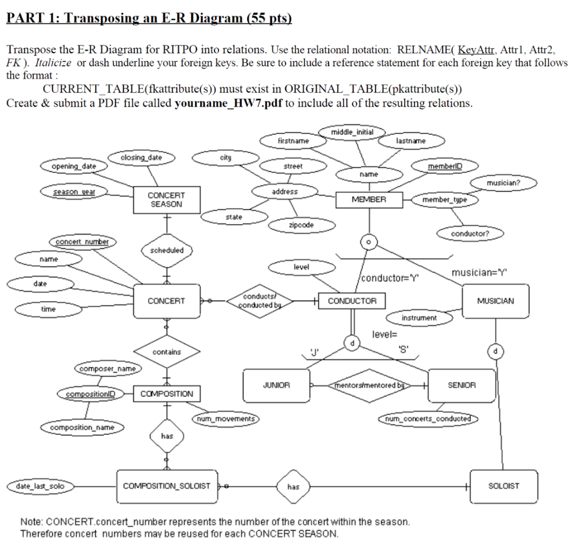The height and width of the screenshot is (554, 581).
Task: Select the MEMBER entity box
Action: (369, 200)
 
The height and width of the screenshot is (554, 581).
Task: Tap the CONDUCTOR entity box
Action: (352, 301)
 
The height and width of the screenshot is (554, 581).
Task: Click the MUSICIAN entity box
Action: (495, 301)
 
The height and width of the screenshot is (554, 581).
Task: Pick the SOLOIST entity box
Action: (503, 486)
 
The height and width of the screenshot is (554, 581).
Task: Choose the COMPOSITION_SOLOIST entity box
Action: (167, 486)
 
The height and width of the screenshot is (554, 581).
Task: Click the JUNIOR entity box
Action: (276, 385)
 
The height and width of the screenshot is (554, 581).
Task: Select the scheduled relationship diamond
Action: (167, 250)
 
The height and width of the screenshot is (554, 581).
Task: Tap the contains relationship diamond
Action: (167, 352)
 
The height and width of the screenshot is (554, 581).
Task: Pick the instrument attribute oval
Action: (419, 318)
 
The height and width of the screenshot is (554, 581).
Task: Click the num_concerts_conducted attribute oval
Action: (428, 418)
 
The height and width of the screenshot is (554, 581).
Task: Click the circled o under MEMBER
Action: (368, 242)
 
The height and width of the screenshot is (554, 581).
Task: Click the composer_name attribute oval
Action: (107, 369)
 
